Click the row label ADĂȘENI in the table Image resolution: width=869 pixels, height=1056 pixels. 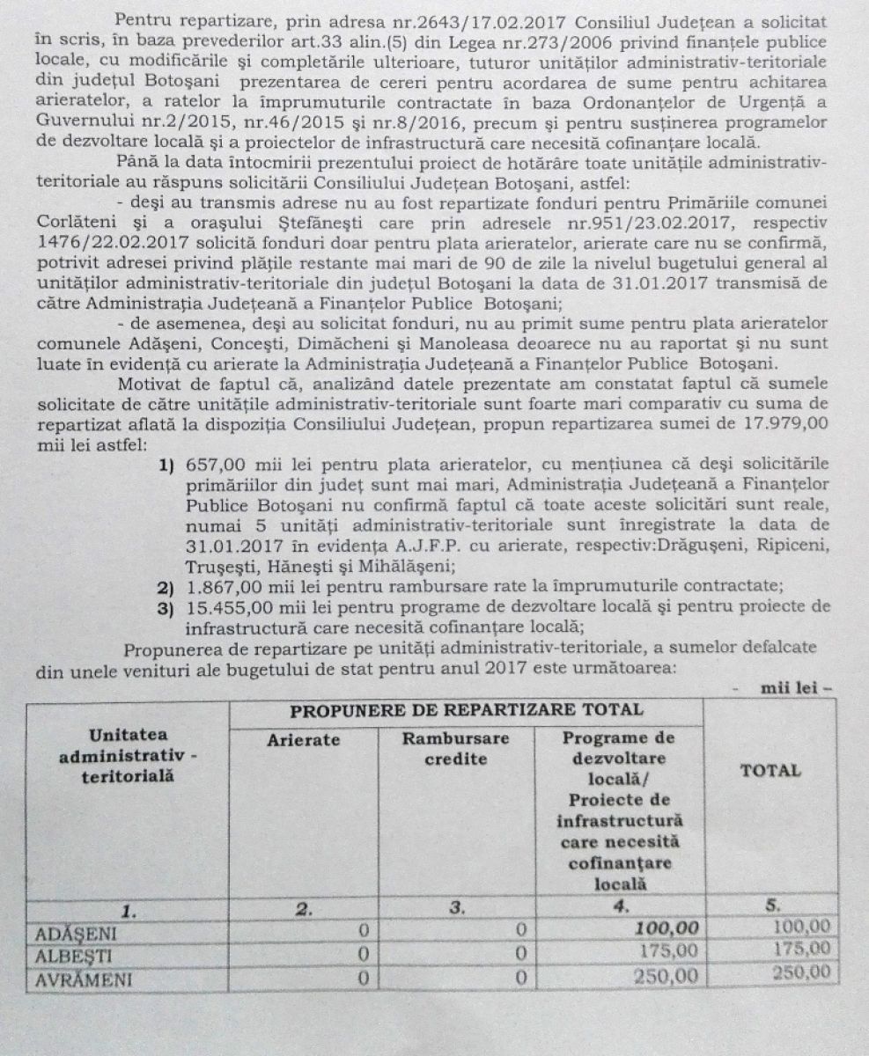point(77,932)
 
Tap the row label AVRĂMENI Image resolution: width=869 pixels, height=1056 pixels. point(81,978)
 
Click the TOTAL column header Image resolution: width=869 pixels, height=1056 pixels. point(770,771)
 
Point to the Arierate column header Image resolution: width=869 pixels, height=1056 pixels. point(303,740)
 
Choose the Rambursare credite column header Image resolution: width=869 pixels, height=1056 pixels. point(455,748)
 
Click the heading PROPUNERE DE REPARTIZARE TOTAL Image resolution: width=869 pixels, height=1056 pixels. point(466,709)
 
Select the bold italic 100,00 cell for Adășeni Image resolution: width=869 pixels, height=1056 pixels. point(666,928)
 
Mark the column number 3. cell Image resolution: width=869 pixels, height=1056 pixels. point(456,908)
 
